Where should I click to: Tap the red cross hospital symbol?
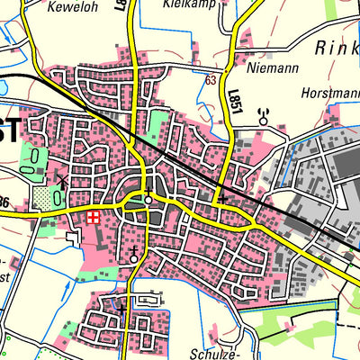94,217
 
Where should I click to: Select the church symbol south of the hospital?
134,255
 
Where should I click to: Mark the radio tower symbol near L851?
264,117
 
